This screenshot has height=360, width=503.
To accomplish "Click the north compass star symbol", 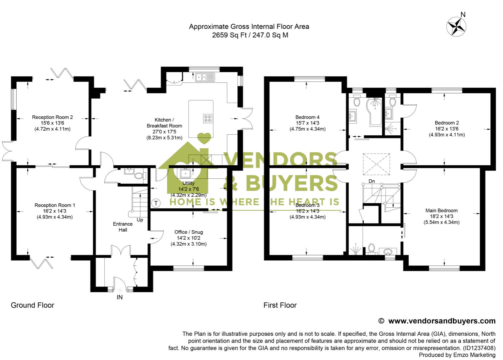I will click(456, 26).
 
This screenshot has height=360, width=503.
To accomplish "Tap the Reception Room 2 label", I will click(52, 117).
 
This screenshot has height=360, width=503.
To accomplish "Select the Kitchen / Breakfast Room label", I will click(164, 123).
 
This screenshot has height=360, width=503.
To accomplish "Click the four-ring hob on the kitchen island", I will click(207, 118).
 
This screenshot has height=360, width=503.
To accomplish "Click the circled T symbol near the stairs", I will click(155, 203).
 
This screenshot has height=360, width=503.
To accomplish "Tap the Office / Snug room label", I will click(188, 232).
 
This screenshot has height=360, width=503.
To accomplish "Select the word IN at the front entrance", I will click(119, 297).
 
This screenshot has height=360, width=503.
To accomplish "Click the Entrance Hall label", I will click(123, 227).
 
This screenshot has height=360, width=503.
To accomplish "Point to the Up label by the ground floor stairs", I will click(140, 220).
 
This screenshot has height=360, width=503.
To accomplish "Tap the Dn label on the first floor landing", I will click(372, 181).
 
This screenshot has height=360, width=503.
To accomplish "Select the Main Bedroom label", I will click(441, 210).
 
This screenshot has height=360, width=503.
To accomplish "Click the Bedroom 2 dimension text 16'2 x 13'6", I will click(447, 129).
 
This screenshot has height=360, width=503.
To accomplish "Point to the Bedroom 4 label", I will click(307, 117).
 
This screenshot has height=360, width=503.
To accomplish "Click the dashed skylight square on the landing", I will click(376, 164).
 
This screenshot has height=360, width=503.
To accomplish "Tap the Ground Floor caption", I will click(32, 305).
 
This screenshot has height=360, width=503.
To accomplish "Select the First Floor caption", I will click(280, 305).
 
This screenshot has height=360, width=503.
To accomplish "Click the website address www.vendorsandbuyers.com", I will click(442, 321).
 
